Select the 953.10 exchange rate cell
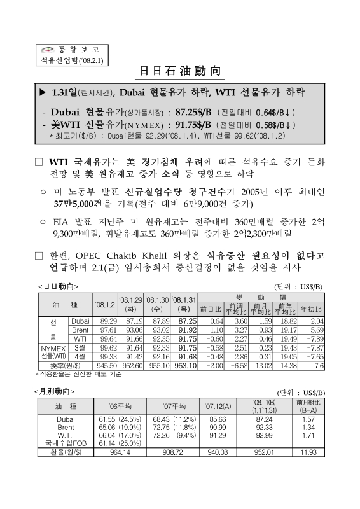pos(184,366)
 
